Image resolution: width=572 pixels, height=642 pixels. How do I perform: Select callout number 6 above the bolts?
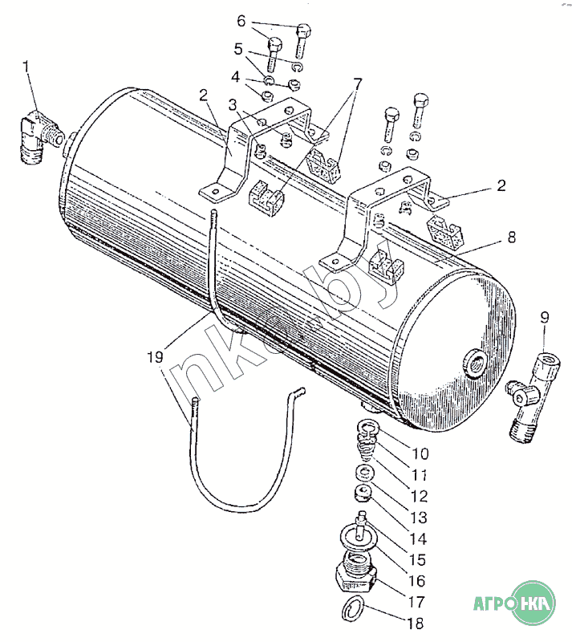click(x=241, y=20)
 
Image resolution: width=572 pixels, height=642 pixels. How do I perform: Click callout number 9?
click(x=545, y=318)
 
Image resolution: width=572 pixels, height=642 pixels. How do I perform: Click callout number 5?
click(x=238, y=50)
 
